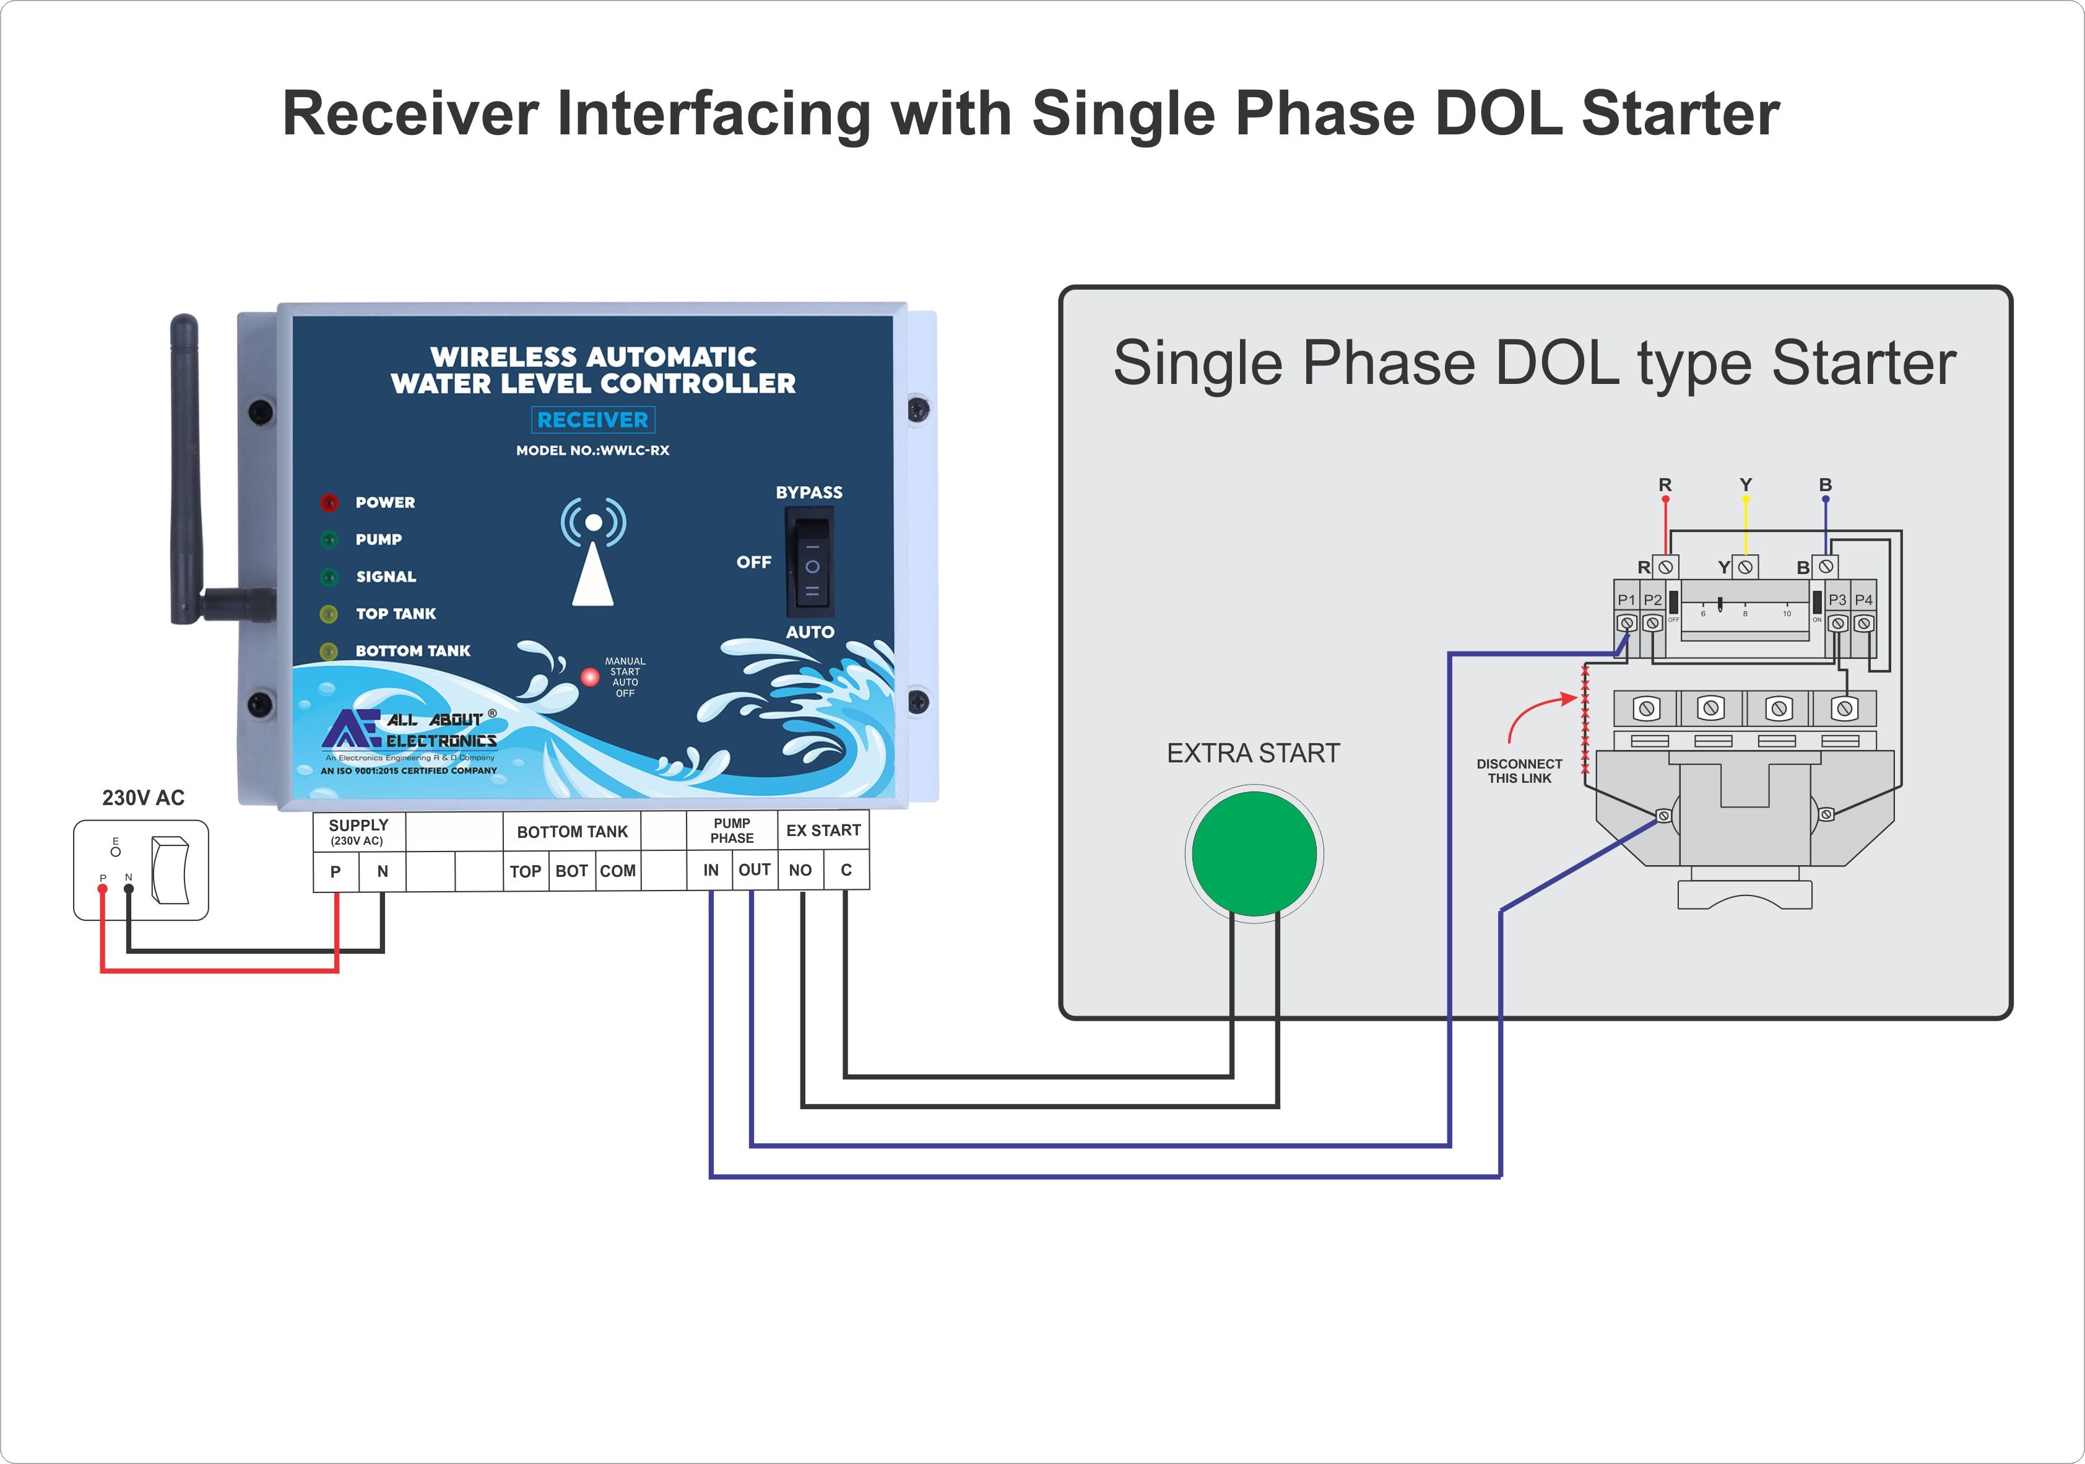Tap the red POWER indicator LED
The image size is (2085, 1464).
coord(329,502)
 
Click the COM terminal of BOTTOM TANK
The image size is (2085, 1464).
coord(617,871)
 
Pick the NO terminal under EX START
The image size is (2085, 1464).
coord(800,870)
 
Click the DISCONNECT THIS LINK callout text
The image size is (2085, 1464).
coord(1519,771)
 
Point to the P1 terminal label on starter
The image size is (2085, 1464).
coord(1626,599)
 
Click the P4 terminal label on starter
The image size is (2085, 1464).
coord(1863,599)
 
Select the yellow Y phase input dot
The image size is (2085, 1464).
coord(1745,499)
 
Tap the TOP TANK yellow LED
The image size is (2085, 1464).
coord(329,614)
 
